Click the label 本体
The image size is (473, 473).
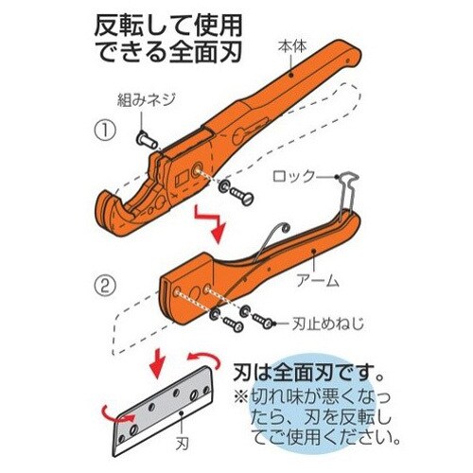(x=292, y=46)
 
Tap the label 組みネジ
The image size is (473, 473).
(x=146, y=100)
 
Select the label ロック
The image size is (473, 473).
(x=294, y=176)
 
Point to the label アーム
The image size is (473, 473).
(x=318, y=280)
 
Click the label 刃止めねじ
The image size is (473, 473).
(x=328, y=324)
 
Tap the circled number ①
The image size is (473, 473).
(x=105, y=131)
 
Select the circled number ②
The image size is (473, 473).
(x=105, y=285)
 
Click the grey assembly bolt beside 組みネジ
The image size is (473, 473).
(x=147, y=140)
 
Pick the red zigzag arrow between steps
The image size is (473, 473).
(x=210, y=222)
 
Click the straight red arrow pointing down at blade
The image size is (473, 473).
(x=158, y=362)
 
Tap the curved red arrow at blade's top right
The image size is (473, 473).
(x=203, y=359)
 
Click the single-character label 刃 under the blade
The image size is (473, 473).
(x=182, y=445)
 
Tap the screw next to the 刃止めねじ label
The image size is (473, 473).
(x=262, y=320)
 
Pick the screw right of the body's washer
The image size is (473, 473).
(x=241, y=195)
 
